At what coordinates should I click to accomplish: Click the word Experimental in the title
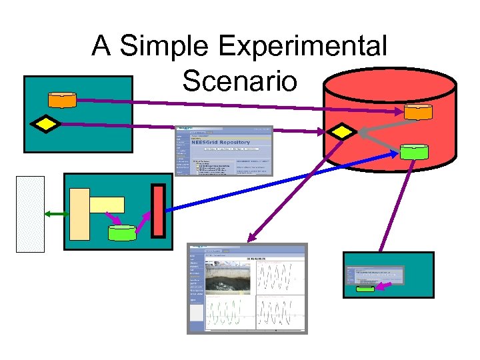click(303, 47)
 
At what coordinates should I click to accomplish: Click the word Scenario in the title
click(239, 81)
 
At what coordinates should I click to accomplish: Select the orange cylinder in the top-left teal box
click(63, 99)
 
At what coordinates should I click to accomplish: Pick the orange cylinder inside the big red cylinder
click(418, 112)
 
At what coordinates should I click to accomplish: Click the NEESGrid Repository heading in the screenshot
click(220, 142)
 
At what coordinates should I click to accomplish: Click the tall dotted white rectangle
click(30, 214)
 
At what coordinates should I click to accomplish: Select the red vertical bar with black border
click(158, 211)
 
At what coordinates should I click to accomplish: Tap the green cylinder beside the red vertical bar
click(121, 233)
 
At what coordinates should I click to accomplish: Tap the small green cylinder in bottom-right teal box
click(365, 289)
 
